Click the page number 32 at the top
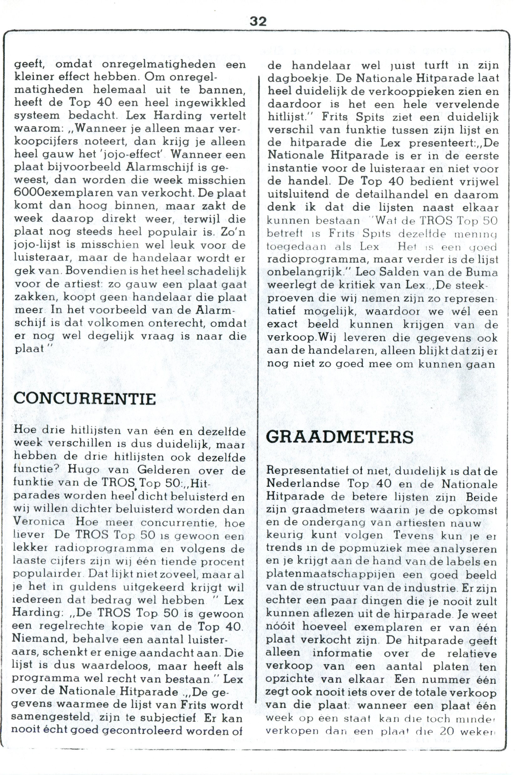click(x=258, y=21)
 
